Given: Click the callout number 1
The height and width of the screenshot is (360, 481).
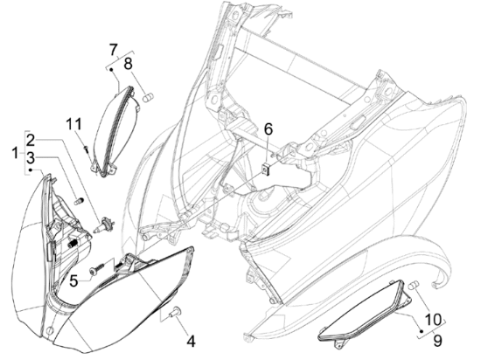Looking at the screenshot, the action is (x=15, y=153).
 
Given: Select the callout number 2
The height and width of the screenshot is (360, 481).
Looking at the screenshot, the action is (x=31, y=140).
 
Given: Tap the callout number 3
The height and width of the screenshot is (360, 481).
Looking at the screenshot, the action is (x=31, y=158).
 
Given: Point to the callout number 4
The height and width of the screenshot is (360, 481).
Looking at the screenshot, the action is (x=191, y=341).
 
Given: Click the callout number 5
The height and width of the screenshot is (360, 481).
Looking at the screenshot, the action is (x=73, y=280).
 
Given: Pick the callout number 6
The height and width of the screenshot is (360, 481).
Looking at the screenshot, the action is (x=268, y=129).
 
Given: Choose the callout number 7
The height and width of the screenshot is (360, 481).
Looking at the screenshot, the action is (x=113, y=50).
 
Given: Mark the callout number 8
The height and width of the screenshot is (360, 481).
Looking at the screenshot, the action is (x=128, y=64).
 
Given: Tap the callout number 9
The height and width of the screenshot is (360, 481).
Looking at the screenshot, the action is (x=438, y=341).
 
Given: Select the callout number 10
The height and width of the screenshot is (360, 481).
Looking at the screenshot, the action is (x=434, y=320).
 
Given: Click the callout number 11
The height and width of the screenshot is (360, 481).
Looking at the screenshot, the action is (x=74, y=124).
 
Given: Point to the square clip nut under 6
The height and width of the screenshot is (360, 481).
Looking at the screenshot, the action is (x=266, y=169).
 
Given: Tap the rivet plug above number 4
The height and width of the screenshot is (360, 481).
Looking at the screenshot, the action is (x=176, y=312).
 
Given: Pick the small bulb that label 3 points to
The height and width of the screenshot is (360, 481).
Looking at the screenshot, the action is (x=79, y=202).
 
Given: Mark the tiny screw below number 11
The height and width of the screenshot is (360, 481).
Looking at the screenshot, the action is (x=86, y=149).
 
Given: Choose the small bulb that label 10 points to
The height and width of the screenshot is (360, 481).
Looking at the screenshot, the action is (x=413, y=285).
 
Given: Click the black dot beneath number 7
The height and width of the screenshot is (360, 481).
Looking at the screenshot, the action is (x=111, y=70).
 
